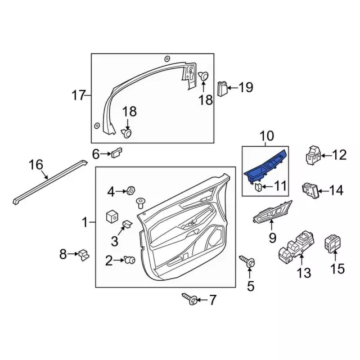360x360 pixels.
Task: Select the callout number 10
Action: [x=267, y=136]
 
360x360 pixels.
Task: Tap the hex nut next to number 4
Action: [x=131, y=190]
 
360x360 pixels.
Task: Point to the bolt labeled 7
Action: [x=190, y=299]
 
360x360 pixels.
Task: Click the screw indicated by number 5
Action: [x=247, y=262]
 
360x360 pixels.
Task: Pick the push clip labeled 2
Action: [x=129, y=260]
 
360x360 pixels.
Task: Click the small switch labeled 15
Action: [x=332, y=244]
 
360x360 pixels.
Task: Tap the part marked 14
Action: [x=310, y=190]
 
